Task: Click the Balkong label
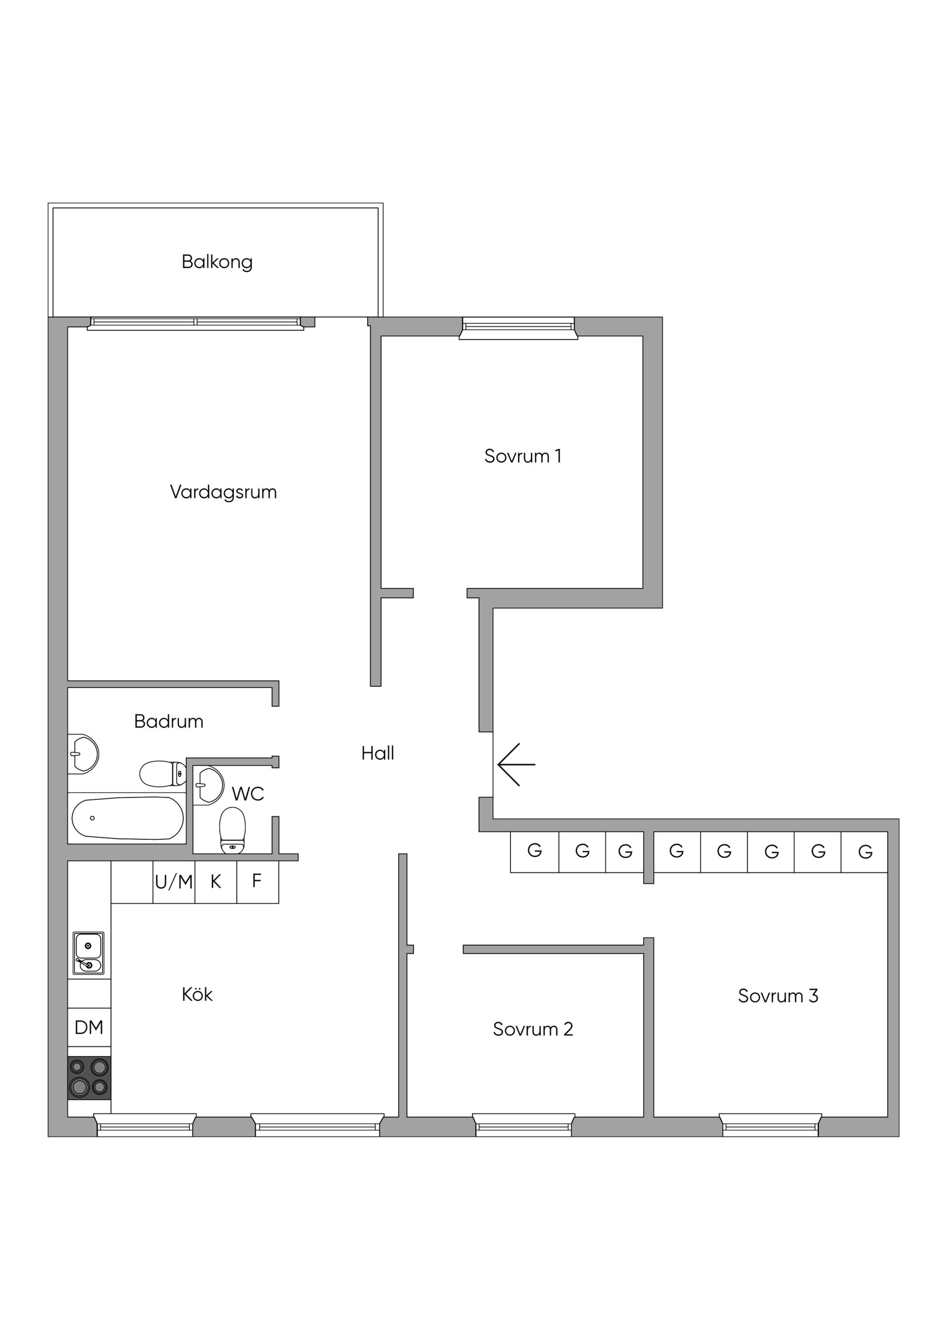coord(217,262)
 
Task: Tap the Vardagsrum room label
coord(223,492)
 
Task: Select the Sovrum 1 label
coord(523,456)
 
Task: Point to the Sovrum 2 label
coord(533,1029)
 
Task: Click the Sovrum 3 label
coord(778,996)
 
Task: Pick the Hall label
coord(377,753)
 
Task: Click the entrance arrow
coord(516,765)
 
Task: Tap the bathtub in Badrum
coord(127,818)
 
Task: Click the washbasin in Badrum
coord(83,754)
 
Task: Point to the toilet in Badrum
coord(163,774)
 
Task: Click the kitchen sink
coord(88,954)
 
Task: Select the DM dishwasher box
coord(89,1028)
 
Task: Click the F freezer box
coord(257,882)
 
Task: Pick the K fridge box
coord(216,882)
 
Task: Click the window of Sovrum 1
coord(518,328)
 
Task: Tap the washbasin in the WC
coord(209,785)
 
